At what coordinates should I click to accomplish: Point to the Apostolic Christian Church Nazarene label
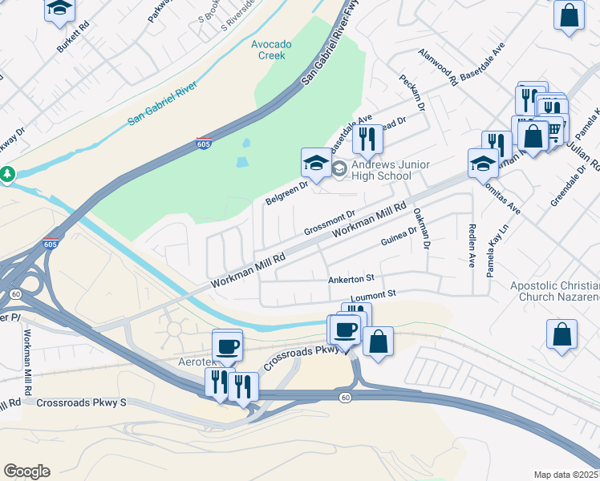pyautogui.click(x=555, y=292)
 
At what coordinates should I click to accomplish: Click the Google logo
pyautogui.click(x=26, y=471)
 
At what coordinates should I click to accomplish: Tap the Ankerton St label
pyautogui.click(x=351, y=279)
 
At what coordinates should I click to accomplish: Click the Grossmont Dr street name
pyautogui.click(x=329, y=224)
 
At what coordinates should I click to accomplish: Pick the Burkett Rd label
pyautogui.click(x=72, y=37)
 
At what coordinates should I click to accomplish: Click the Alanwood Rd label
pyautogui.click(x=437, y=67)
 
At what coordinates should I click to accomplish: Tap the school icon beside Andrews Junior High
pyautogui.click(x=315, y=163)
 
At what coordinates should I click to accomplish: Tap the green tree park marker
pyautogui.click(x=6, y=173)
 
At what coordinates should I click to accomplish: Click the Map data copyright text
pyautogui.click(x=566, y=475)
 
